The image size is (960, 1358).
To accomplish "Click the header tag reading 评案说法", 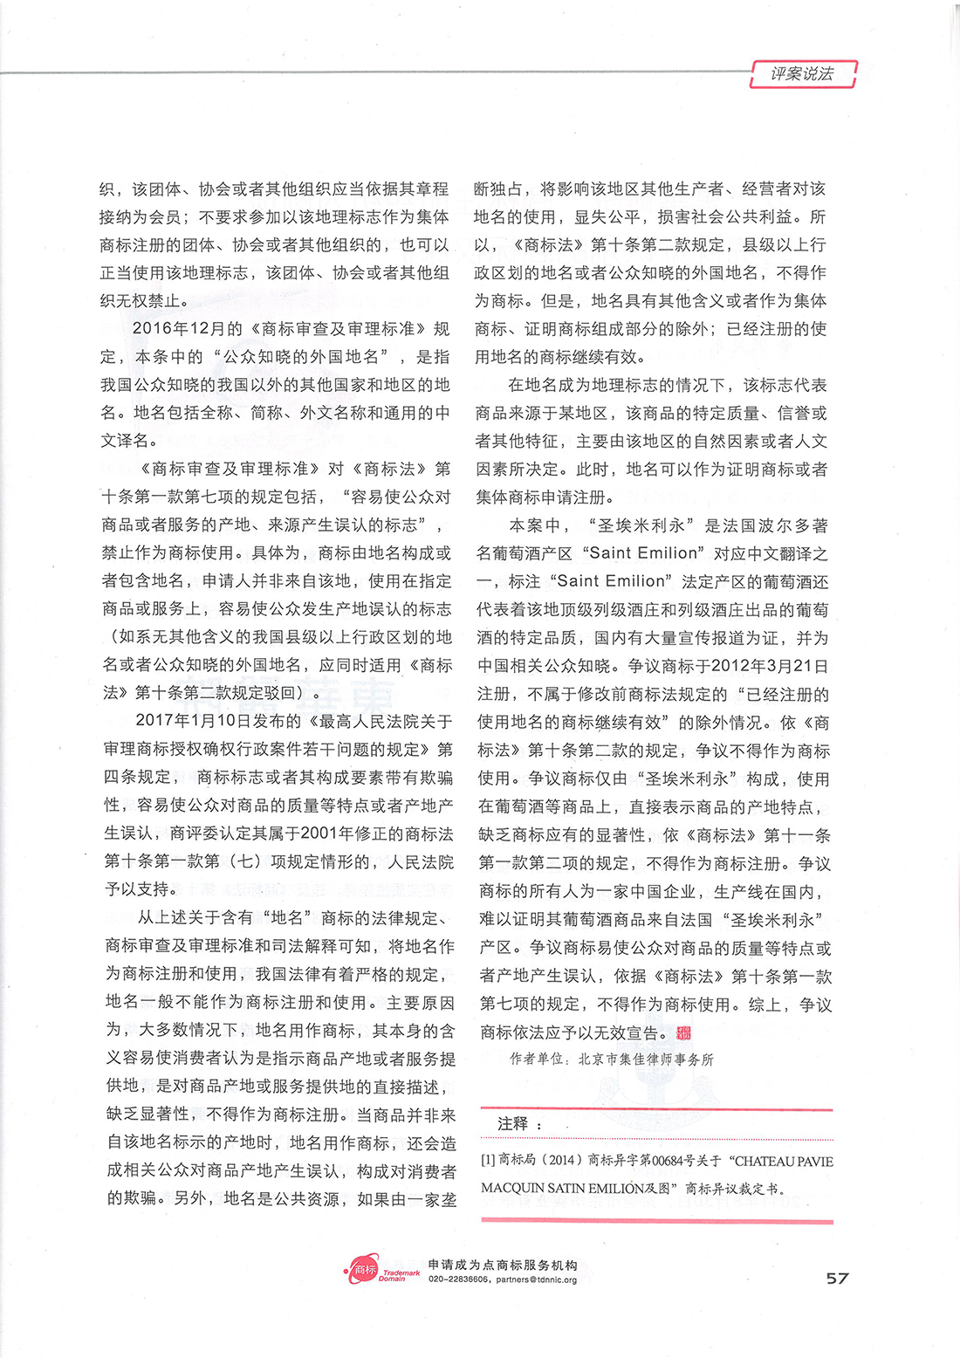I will [x=802, y=74].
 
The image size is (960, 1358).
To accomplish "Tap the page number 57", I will [x=837, y=1278].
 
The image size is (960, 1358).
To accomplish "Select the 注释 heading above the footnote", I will [x=512, y=1124].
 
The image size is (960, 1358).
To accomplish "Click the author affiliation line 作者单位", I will [x=611, y=1060].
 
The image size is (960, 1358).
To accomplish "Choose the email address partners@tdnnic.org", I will [x=537, y=1279].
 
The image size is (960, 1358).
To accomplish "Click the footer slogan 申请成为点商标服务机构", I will [x=503, y=1265].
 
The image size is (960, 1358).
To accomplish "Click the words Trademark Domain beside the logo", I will [x=399, y=1275].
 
